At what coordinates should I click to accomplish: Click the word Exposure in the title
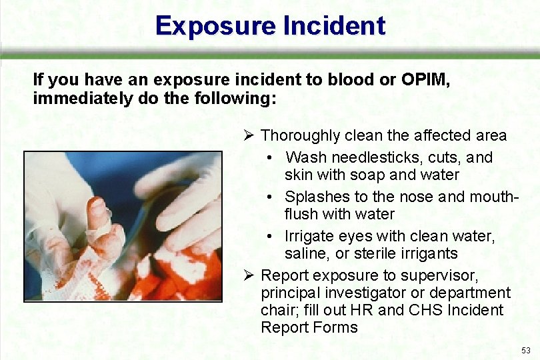point(215,26)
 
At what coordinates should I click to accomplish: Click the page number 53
point(526,350)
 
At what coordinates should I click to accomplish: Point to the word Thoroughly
point(301,136)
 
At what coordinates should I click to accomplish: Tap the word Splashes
point(316,197)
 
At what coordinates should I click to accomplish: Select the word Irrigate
point(309,237)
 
